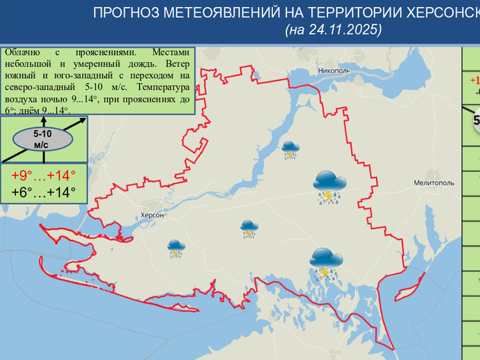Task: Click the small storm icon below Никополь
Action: coord(290,149)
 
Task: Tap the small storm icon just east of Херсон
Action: coord(249,229)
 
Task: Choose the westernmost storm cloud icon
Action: coord(174,248)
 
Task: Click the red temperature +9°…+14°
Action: coord(44,175)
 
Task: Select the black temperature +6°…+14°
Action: coord(44,192)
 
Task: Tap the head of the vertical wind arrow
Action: coord(42,120)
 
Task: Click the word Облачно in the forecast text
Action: coord(23,52)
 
